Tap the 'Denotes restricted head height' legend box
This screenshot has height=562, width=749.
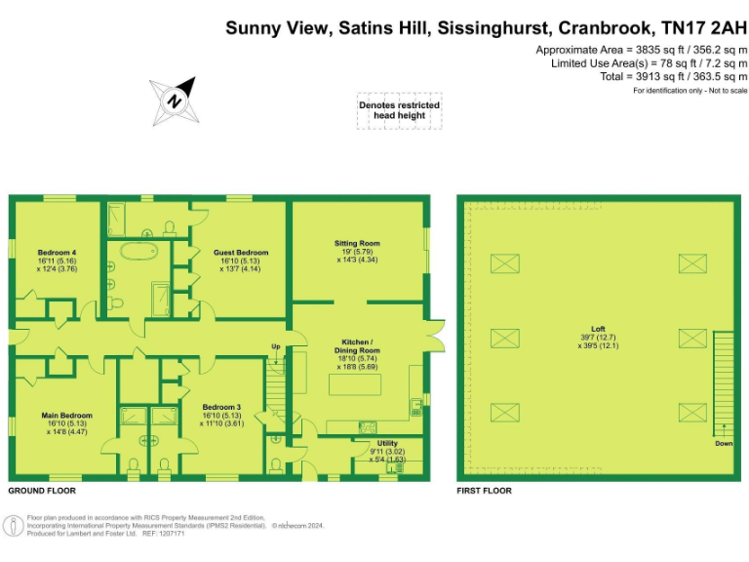pyautogui.click(x=399, y=110)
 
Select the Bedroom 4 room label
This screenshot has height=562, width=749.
pyautogui.click(x=57, y=259)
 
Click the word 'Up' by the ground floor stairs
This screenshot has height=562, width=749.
pyautogui.click(x=275, y=346)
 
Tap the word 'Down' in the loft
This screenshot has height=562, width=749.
pyautogui.click(x=723, y=443)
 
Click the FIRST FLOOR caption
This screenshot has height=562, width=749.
pyautogui.click(x=484, y=491)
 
